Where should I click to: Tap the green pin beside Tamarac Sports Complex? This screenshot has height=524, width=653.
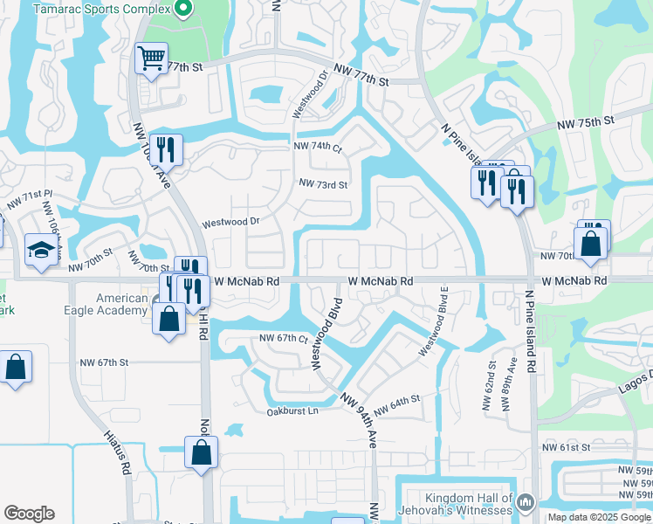(183, 10)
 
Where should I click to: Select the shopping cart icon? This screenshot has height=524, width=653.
(152, 60)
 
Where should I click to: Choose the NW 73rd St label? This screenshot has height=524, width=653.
(323, 184)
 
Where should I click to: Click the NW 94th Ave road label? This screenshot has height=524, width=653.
(359, 419)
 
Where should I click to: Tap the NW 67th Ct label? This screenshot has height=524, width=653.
(284, 338)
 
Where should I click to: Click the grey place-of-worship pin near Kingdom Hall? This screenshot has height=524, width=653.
(526, 503)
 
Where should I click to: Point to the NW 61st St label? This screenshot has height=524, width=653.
(560, 447)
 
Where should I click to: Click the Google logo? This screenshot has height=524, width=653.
(29, 514)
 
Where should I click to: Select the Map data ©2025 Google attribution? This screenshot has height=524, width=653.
(599, 517)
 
